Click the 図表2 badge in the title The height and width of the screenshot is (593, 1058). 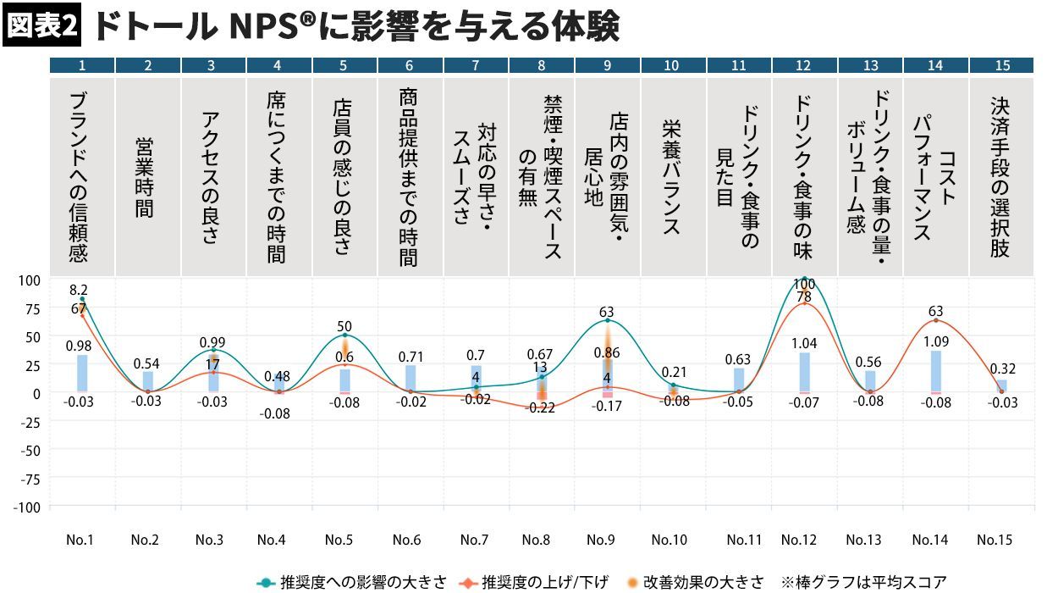point(41,27)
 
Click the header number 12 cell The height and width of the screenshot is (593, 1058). point(803,65)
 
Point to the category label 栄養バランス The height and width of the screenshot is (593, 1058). point(672,177)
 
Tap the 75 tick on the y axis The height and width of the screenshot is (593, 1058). point(31,308)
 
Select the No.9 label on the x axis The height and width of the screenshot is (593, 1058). point(601,540)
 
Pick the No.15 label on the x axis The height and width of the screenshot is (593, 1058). point(995,540)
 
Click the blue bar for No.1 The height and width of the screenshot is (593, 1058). point(82,374)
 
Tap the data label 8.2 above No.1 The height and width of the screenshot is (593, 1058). point(79,290)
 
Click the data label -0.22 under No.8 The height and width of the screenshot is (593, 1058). point(541,407)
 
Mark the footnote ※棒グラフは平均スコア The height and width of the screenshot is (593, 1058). point(863,582)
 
